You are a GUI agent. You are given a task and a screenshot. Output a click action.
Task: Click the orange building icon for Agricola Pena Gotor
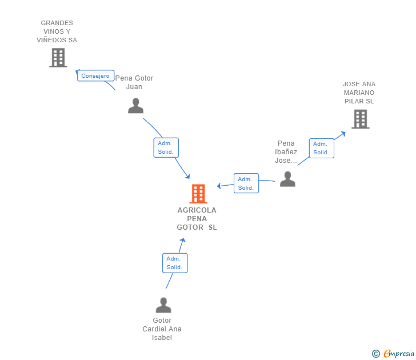(x=198, y=194)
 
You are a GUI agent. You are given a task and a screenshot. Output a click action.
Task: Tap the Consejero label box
(x=95, y=75)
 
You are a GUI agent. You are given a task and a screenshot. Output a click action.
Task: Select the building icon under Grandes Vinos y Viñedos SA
(x=58, y=58)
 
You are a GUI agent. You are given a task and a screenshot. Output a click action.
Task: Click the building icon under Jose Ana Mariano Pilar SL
(x=360, y=119)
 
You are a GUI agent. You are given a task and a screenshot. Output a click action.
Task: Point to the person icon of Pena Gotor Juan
(x=136, y=106)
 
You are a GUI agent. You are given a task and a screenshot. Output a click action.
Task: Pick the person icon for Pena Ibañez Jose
(x=287, y=179)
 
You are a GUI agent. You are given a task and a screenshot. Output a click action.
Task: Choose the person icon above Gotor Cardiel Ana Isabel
(x=163, y=305)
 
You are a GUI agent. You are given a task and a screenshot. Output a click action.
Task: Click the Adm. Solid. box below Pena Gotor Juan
(x=166, y=147)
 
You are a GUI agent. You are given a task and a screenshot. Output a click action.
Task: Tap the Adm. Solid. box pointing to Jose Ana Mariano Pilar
(x=322, y=149)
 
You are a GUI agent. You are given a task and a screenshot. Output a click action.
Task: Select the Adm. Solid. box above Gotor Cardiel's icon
(x=175, y=263)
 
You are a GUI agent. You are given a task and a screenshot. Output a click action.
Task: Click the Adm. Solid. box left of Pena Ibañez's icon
(x=246, y=183)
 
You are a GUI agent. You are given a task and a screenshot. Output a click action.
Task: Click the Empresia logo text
(x=399, y=354)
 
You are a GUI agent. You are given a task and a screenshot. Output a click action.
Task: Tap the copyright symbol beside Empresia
(x=375, y=354)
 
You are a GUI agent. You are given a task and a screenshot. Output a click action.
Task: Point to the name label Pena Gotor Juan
(x=134, y=82)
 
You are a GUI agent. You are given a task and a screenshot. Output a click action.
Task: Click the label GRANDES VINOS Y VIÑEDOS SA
(x=57, y=31)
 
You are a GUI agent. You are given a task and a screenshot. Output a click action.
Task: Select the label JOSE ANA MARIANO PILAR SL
(x=359, y=93)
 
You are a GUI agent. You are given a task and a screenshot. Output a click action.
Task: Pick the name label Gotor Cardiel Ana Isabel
(x=162, y=329)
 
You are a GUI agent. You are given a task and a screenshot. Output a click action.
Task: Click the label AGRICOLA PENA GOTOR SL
(x=197, y=219)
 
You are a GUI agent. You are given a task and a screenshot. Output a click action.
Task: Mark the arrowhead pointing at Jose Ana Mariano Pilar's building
(x=343, y=134)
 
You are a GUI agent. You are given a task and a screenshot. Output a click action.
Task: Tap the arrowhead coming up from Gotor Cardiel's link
(x=182, y=241)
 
